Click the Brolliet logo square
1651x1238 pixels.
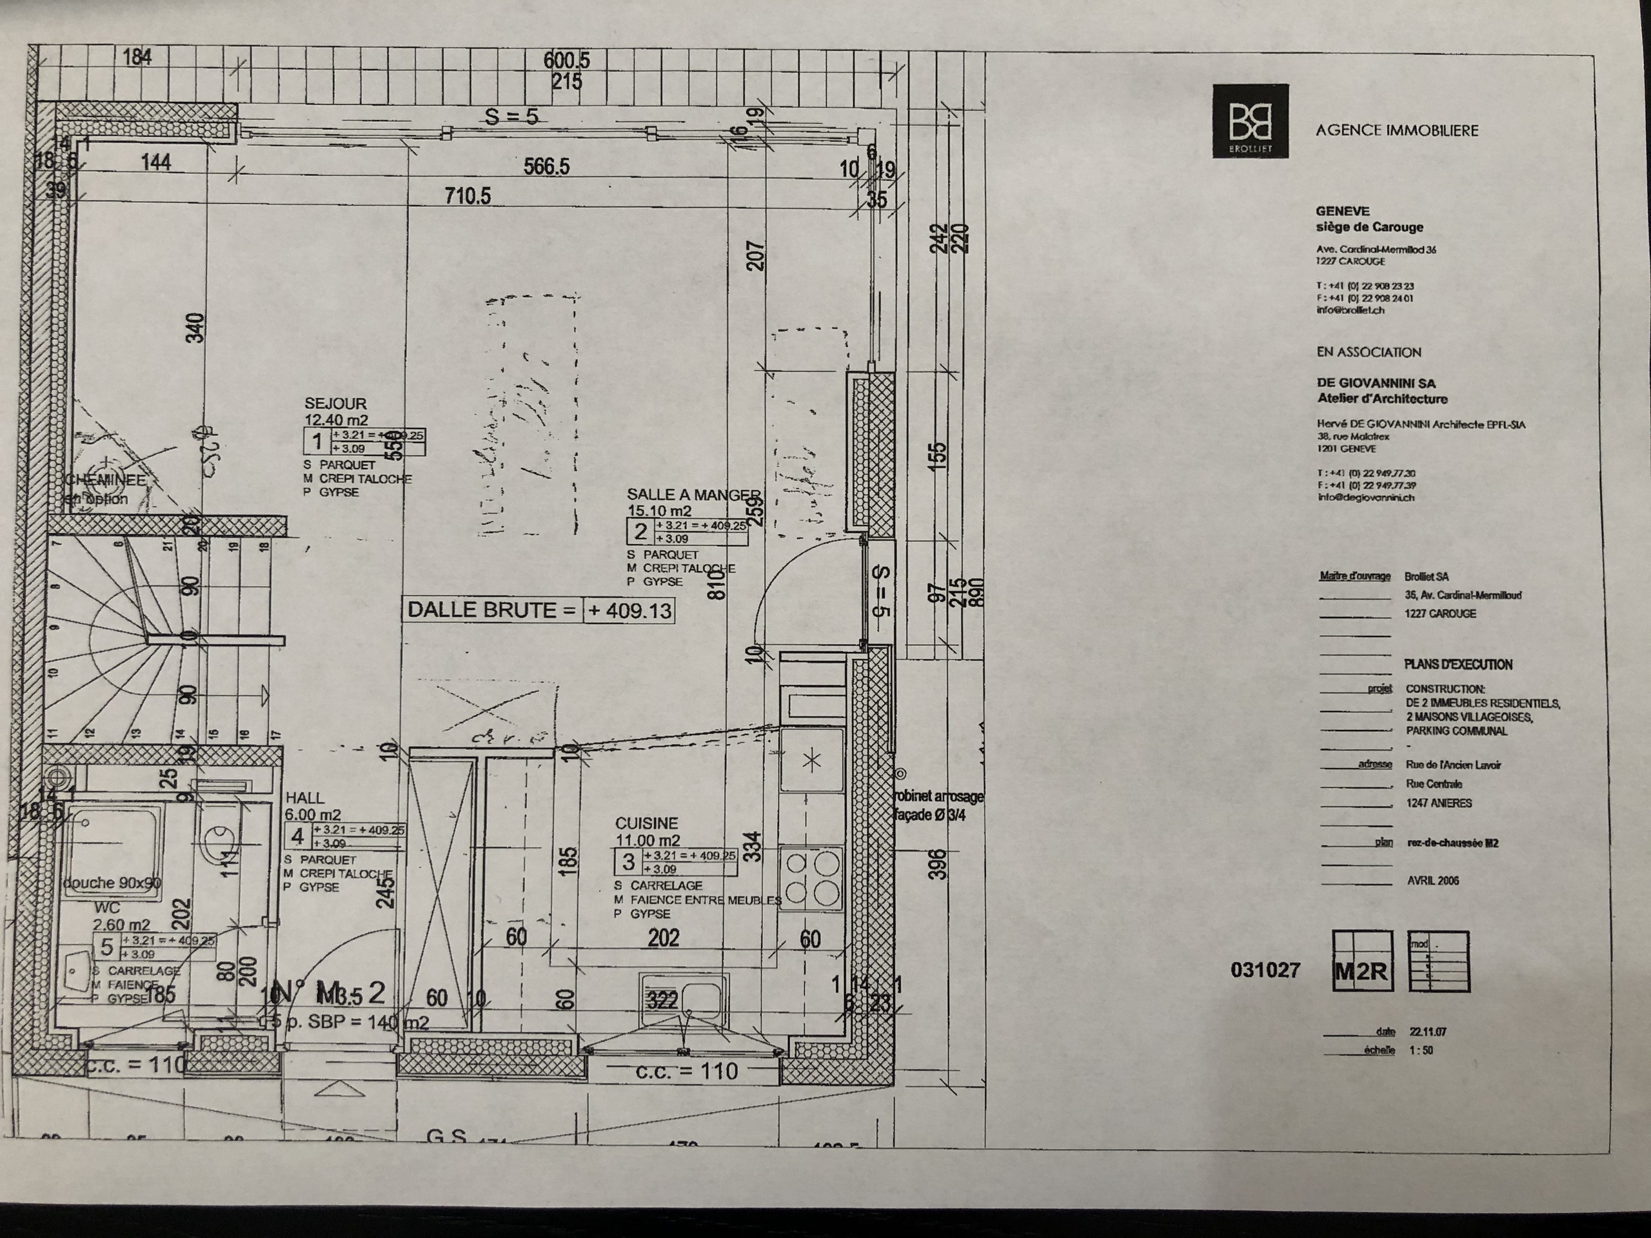coord(1251,120)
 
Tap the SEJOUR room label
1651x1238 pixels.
coord(335,403)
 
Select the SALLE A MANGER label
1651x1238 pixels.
coord(693,495)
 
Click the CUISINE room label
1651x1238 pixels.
coord(646,823)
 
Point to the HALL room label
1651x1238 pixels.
coord(304,798)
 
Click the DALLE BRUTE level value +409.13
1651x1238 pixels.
coord(629,611)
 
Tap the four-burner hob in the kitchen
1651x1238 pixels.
coord(811,878)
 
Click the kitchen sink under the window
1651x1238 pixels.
coord(683,997)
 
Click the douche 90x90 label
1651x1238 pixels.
coord(112,883)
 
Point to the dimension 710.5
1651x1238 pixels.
coord(468,196)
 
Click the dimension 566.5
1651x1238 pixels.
coord(546,166)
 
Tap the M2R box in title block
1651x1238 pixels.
coord(1362,971)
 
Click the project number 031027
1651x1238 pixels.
coord(1265,970)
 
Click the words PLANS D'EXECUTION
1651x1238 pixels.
coord(1458,664)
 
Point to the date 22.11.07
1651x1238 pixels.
coord(1428,1032)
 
